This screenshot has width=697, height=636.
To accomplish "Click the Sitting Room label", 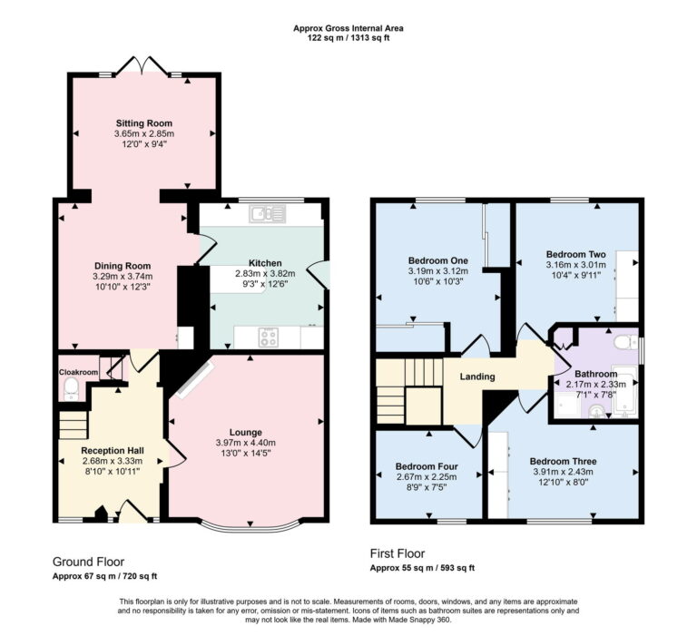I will tap(143, 123).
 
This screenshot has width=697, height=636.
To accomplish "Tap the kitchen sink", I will tap(268, 214).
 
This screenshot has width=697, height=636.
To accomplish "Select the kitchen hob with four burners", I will tap(270, 337).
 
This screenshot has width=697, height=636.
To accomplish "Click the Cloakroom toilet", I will tap(71, 387).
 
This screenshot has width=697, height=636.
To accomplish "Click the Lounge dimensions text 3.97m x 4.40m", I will tap(245, 443).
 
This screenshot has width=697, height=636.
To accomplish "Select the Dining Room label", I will tap(123, 266).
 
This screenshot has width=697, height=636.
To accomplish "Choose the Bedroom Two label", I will tap(575, 254).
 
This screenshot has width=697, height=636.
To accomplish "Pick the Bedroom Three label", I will tap(564, 459).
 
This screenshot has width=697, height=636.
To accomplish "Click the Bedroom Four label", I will tap(426, 466).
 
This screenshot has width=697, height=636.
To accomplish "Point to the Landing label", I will tap(477, 377).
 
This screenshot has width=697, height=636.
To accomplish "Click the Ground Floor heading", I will tap(88, 562).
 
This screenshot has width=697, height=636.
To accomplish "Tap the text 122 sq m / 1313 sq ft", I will tap(348, 39).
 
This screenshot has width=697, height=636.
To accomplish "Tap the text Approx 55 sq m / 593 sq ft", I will tap(422, 568).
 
